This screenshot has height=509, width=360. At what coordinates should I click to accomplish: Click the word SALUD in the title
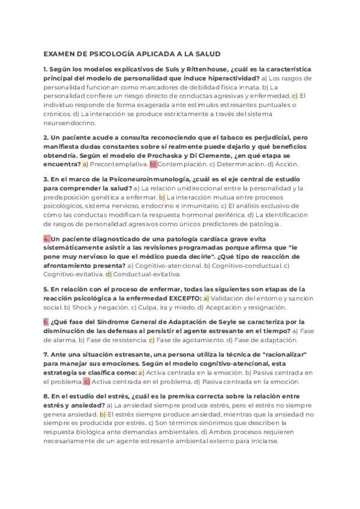pos(206,53)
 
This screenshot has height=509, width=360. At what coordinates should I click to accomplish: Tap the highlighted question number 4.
pos(46,239)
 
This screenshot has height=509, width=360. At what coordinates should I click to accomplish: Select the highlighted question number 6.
pos(46,322)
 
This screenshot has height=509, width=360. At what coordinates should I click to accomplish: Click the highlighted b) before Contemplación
pos(153,163)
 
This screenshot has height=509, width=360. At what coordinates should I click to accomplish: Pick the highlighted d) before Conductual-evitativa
pos(109,274)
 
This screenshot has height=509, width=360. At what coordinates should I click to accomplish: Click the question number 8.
pos(46,396)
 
